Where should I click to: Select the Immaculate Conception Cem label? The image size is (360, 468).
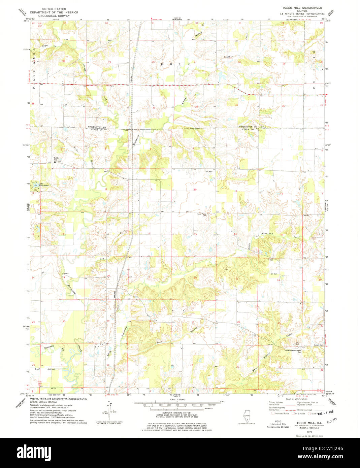[x=292, y=351]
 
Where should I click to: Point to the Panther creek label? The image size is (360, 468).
[x=228, y=57]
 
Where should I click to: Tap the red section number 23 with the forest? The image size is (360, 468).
[x=237, y=279]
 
